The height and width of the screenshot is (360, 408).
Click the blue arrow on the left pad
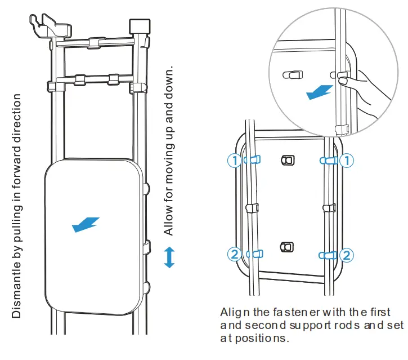pyautogui.click(x=86, y=224)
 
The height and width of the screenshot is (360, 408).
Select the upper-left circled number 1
pyautogui.click(x=234, y=161)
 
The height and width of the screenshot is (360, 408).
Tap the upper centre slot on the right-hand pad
pyautogui.click(x=287, y=161)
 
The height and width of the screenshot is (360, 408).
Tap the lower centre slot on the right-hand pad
pyautogui.click(x=287, y=247)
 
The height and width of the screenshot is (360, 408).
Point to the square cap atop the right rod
pyautogui.click(x=137, y=26)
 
